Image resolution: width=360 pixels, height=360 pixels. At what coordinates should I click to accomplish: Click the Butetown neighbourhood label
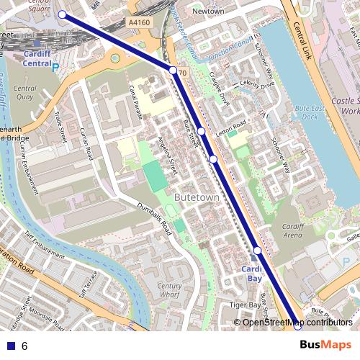click(x=196, y=196)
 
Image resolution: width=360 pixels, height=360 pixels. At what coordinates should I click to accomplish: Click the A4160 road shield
click(x=140, y=23)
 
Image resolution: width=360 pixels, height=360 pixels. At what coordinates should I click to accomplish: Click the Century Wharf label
click(x=169, y=290)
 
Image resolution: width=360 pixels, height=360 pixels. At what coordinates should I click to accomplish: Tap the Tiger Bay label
click(x=245, y=305)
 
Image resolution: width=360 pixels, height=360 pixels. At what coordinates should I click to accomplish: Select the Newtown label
click(x=209, y=12)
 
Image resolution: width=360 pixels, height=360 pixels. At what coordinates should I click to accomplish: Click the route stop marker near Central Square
click(x=62, y=14)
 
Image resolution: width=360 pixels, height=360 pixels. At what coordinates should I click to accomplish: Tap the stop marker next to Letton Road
click(x=202, y=132)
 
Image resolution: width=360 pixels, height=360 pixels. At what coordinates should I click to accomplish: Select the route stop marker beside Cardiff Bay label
click(x=257, y=250)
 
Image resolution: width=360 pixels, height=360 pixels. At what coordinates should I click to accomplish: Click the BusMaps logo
click(x=325, y=346)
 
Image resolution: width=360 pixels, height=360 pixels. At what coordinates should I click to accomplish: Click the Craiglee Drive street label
click(x=215, y=89)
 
